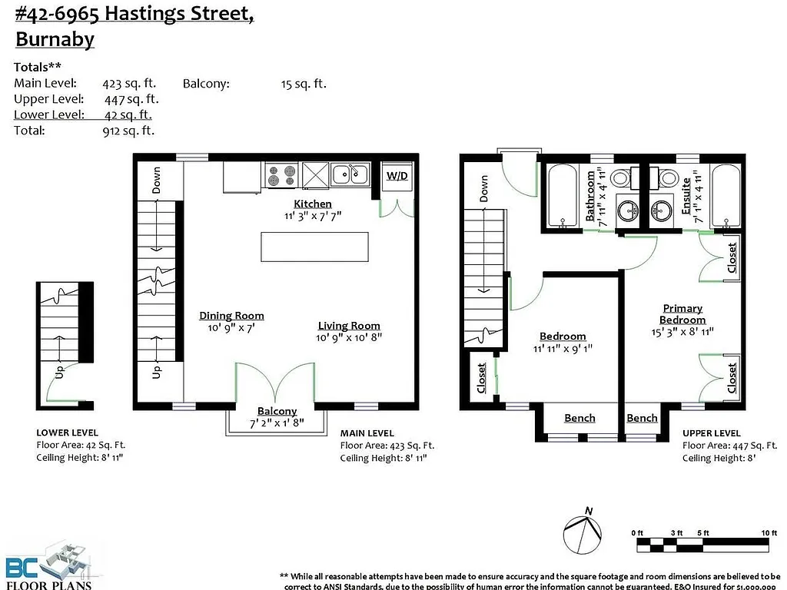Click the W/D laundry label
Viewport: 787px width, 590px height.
(x=397, y=176)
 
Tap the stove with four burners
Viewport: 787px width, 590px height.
(x=281, y=176)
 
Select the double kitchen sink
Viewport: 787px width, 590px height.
(x=350, y=175)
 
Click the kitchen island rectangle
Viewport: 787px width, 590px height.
(x=314, y=247)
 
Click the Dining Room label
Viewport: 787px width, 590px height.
(x=231, y=316)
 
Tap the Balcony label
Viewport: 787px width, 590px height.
(x=277, y=412)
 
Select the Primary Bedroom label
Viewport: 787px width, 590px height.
(x=682, y=313)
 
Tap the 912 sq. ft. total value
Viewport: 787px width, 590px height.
(x=128, y=131)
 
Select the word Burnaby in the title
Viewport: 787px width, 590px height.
(x=55, y=39)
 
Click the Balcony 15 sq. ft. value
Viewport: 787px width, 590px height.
(x=304, y=84)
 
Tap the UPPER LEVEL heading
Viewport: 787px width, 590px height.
(x=711, y=433)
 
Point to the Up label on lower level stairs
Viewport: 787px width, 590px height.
(x=58, y=375)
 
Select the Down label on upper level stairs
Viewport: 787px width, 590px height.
(x=483, y=188)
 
